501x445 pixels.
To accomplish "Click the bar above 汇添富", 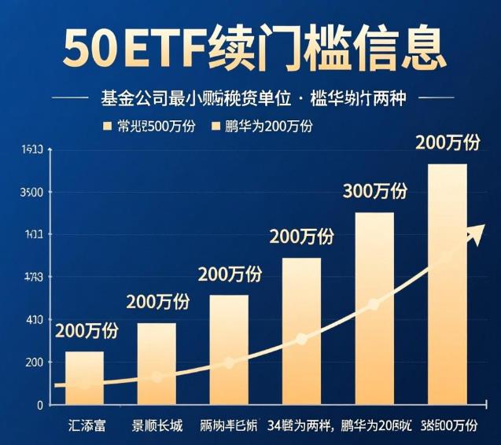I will (x=84, y=377).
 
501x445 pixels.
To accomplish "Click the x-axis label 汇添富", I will (x=85, y=426).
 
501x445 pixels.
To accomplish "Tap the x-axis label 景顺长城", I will (x=157, y=426).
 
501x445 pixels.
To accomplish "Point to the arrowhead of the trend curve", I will (x=477, y=234).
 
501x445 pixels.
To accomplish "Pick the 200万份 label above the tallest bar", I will (x=447, y=143).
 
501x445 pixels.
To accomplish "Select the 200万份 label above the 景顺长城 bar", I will (x=157, y=302).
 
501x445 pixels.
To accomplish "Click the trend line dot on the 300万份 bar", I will (x=374, y=304).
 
